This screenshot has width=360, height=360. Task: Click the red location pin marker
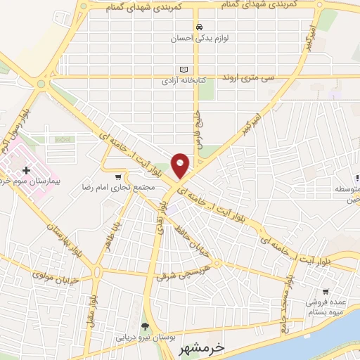tap(181, 165)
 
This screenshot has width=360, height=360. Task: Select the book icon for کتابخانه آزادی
tap(184, 70)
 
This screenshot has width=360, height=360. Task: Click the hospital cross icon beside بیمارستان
tap(26, 170)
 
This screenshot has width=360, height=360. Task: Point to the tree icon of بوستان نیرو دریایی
tap(145, 326)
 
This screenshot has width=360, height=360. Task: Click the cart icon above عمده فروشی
tap(326, 291)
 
